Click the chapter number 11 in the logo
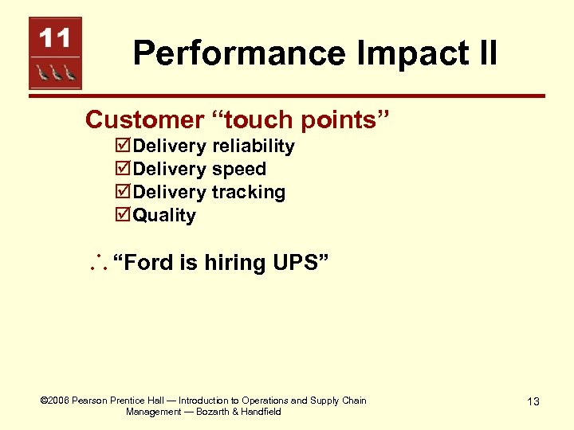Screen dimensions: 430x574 point(55,37)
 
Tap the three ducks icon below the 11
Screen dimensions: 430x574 point(55,73)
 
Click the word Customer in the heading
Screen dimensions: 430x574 point(144,119)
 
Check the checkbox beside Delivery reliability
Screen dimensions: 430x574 point(123,147)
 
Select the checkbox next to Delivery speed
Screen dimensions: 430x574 point(123,170)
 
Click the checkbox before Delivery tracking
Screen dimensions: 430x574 point(123,193)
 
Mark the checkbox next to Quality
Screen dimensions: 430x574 point(123,216)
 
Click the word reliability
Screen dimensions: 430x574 point(253,147)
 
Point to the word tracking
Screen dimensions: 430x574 point(248,193)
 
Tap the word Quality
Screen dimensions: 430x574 point(164,216)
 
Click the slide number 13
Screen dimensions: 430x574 point(533,401)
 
